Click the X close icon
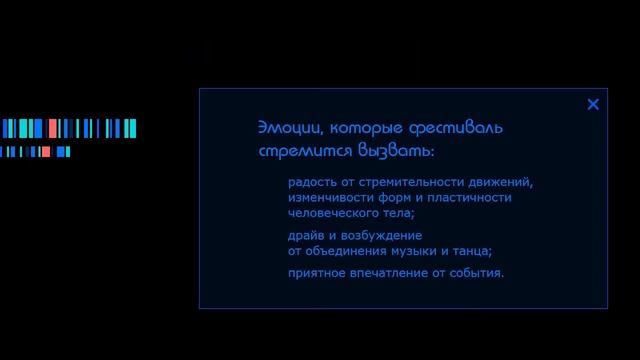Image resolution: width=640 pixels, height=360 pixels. [x=593, y=104]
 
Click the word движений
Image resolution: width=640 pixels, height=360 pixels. [x=503, y=182]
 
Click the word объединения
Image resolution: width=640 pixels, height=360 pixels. [x=346, y=250]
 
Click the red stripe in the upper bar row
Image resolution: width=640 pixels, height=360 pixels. [x=52, y=128]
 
